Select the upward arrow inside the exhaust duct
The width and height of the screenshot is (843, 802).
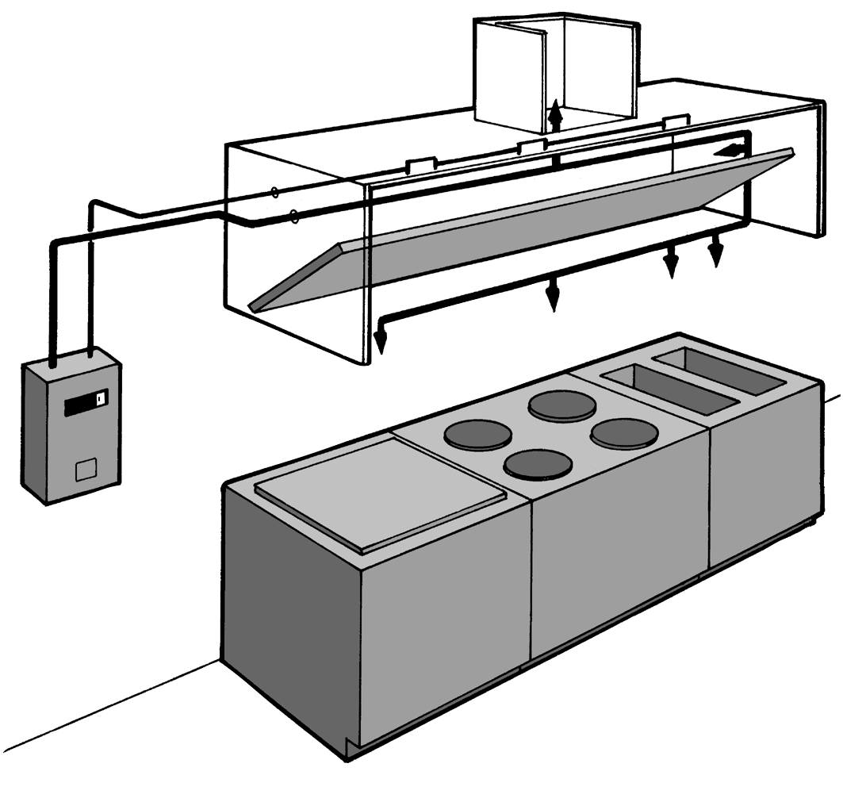pos(555,115)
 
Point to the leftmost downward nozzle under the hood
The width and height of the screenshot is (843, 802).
pos(381,339)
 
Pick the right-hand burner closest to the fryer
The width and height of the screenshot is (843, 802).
pos(624,433)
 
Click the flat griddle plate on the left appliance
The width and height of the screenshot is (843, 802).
pos(381,492)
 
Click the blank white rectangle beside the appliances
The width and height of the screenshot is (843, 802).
pos(778,613)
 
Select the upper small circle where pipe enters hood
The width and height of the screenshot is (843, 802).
pos(274,192)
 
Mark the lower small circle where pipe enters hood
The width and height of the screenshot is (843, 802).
pos(294,215)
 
